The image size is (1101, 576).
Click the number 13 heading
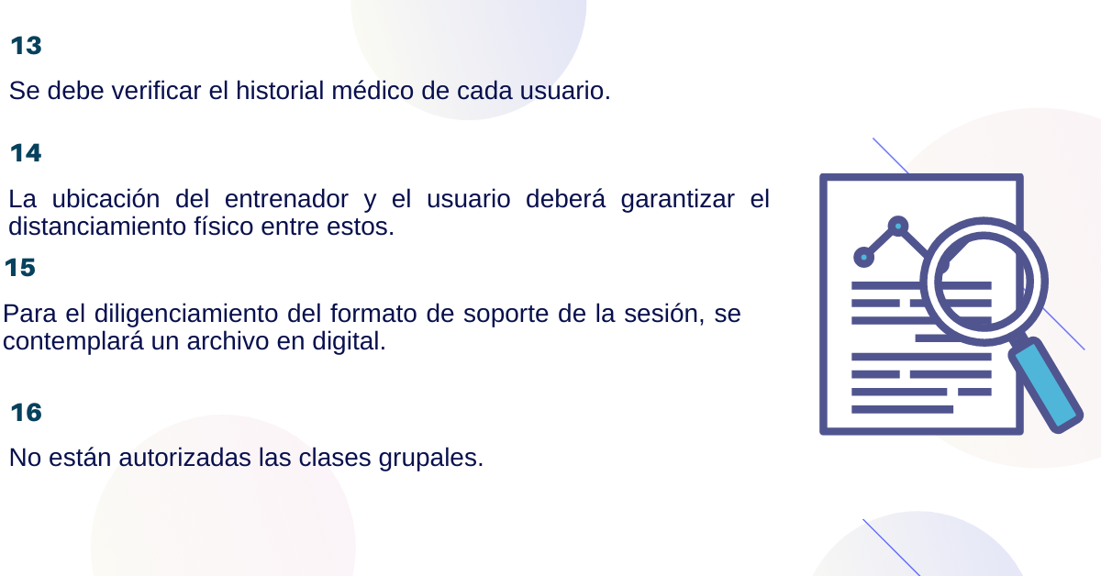click(26, 46)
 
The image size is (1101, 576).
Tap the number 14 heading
click(26, 153)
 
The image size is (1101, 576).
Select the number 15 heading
click(20, 268)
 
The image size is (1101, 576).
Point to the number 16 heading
click(26, 413)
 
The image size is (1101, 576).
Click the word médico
click(373, 91)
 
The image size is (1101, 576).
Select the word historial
click(280, 91)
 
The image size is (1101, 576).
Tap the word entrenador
click(286, 199)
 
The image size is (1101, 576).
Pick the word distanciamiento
click(97, 227)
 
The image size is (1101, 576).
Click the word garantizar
click(678, 199)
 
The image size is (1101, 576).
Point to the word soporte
click(506, 315)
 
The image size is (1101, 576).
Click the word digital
click(349, 341)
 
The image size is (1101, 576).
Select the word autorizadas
click(184, 458)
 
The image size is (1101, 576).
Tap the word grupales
click(431, 459)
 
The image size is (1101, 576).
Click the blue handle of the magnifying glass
click(1046, 385)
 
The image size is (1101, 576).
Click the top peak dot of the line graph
click(898, 226)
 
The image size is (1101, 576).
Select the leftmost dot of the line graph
click(863, 257)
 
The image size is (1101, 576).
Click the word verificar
click(156, 91)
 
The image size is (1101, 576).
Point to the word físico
click(223, 227)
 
